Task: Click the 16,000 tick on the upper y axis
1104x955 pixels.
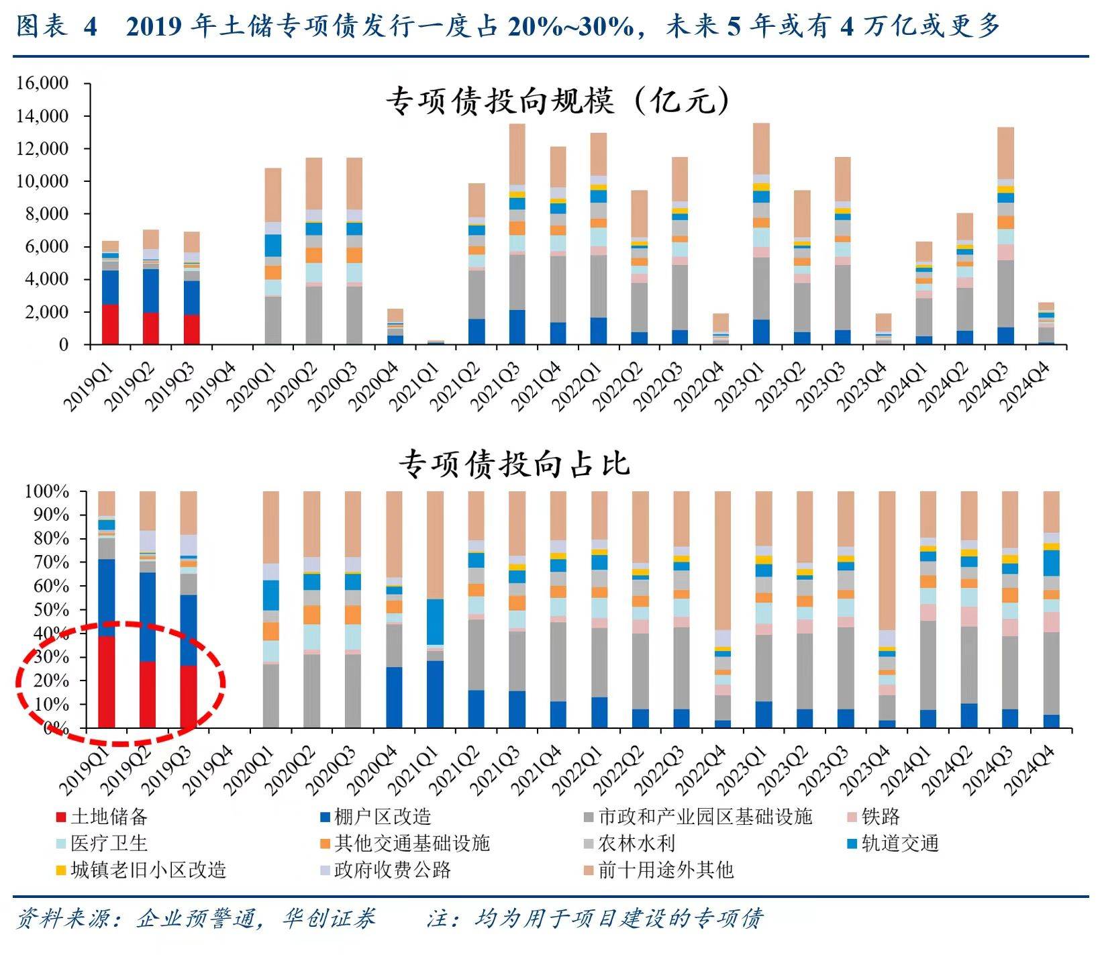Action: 43,83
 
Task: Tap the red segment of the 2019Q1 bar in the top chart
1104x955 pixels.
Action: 110,324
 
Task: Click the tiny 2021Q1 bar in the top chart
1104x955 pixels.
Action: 436,342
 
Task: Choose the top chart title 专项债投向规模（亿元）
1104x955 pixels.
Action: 556,103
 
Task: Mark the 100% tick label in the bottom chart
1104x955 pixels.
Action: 47,492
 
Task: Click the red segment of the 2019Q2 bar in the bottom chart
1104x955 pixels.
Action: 148,695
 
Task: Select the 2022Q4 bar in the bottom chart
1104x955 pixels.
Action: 723,609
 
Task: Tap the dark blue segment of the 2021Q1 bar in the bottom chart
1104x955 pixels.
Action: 436,694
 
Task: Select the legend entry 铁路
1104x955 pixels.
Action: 880,817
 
